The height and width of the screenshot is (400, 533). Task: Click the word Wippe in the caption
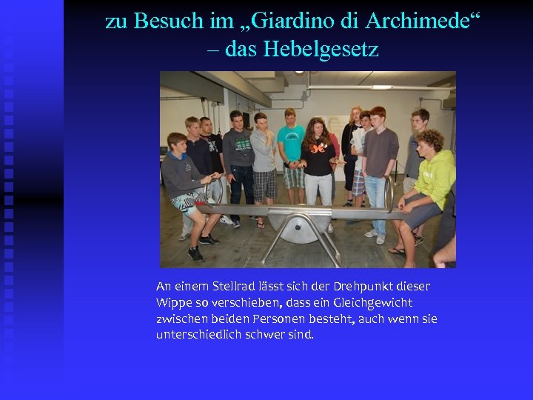172,302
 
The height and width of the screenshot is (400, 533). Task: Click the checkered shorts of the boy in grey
264,183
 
